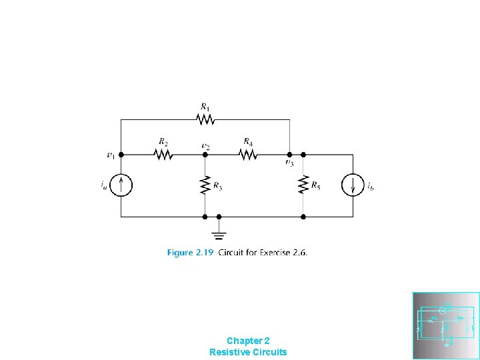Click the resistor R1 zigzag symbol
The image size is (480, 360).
[205, 119]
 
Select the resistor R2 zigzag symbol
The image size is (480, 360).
[163, 154]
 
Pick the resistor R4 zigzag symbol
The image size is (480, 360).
[247, 154]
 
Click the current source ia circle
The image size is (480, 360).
[121, 185]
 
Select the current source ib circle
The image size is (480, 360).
[353, 185]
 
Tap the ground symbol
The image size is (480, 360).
[219, 233]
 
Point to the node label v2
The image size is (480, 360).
[206, 145]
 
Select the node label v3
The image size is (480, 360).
[289, 162]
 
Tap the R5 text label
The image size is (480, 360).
[316, 186]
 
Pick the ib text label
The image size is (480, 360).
[370, 186]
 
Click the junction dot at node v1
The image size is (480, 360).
[121, 154]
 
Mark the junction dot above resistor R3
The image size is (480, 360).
[205, 154]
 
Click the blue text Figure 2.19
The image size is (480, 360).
[189, 253]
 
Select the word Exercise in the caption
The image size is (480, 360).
[273, 253]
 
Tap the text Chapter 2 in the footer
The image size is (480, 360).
[248, 340]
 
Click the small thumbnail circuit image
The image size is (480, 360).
[446, 325]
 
